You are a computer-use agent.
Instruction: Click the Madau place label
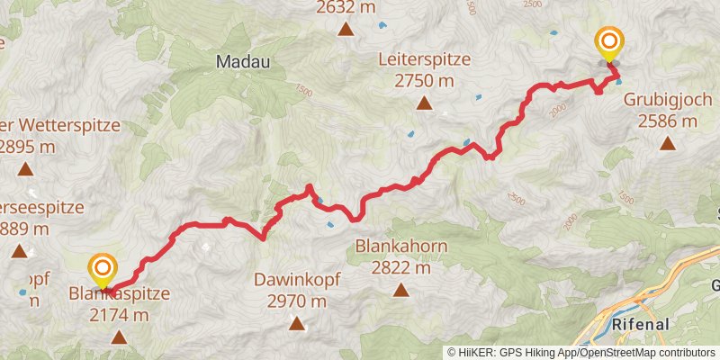click(244, 61)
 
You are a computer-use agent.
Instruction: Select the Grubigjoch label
click(668, 101)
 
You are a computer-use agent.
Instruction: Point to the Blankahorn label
click(401, 246)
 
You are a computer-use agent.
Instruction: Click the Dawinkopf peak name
click(297, 280)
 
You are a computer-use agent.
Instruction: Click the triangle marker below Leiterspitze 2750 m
click(423, 103)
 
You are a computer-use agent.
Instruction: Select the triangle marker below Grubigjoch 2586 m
click(668, 142)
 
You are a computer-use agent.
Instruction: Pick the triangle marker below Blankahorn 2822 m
click(401, 289)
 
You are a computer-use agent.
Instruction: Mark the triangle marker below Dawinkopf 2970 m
click(297, 323)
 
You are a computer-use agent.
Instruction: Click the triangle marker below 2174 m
click(119, 337)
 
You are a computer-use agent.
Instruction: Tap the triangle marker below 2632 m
click(346, 30)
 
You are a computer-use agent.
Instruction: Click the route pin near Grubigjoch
click(609, 41)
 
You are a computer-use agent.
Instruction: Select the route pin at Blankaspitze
click(103, 268)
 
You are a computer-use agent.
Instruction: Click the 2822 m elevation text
click(401, 267)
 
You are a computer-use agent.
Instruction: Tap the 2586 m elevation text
click(668, 121)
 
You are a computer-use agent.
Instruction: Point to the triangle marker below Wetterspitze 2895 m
click(25, 168)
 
